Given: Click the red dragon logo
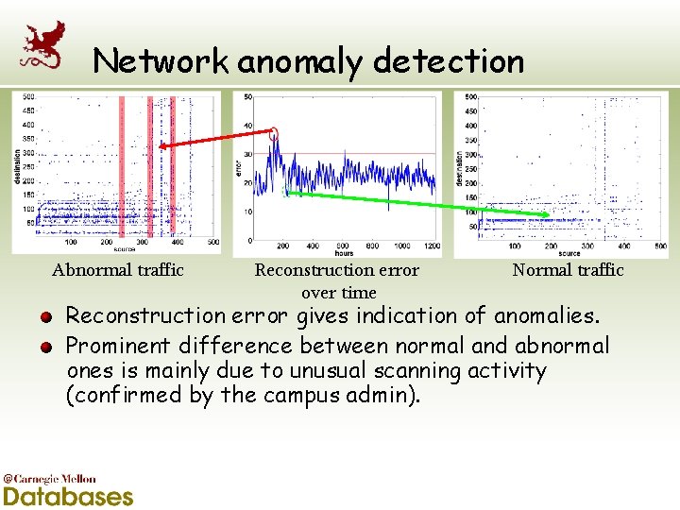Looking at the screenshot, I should (43, 47).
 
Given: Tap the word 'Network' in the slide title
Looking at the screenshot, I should (161, 62).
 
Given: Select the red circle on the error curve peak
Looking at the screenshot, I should (274, 134).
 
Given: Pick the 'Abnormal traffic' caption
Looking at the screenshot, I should (118, 270).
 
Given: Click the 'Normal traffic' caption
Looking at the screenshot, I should (568, 270).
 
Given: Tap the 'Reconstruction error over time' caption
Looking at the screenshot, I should (337, 280).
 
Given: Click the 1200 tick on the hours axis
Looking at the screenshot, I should (432, 246).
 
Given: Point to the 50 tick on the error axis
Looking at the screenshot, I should (248, 96).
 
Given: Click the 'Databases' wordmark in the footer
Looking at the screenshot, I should (69, 496).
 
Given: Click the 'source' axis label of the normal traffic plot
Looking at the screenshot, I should (569, 253).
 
